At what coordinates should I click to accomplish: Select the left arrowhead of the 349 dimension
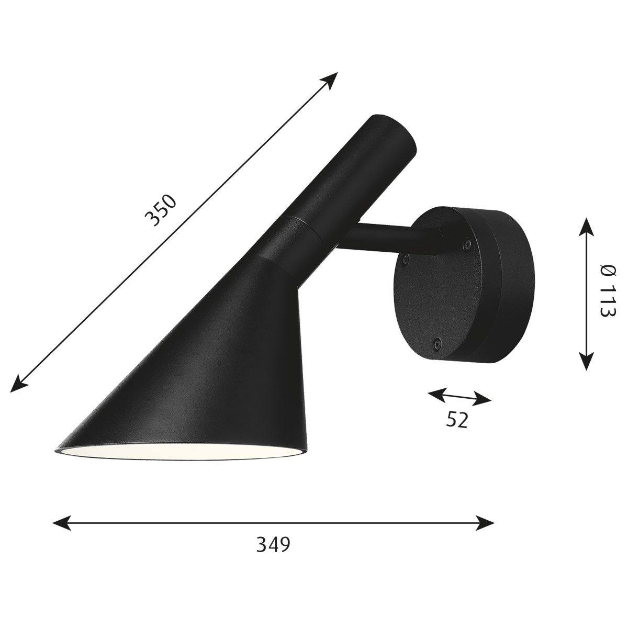pyautogui.click(x=61, y=514)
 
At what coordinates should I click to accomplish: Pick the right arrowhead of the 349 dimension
pyautogui.click(x=485, y=514)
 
